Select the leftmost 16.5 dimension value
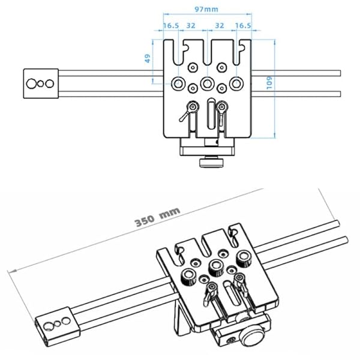(171, 26)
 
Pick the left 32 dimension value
(191, 26)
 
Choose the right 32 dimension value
(220, 26)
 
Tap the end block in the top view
(40, 83)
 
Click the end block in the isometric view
(56, 324)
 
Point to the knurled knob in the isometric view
(251, 332)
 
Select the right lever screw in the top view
(222, 106)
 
